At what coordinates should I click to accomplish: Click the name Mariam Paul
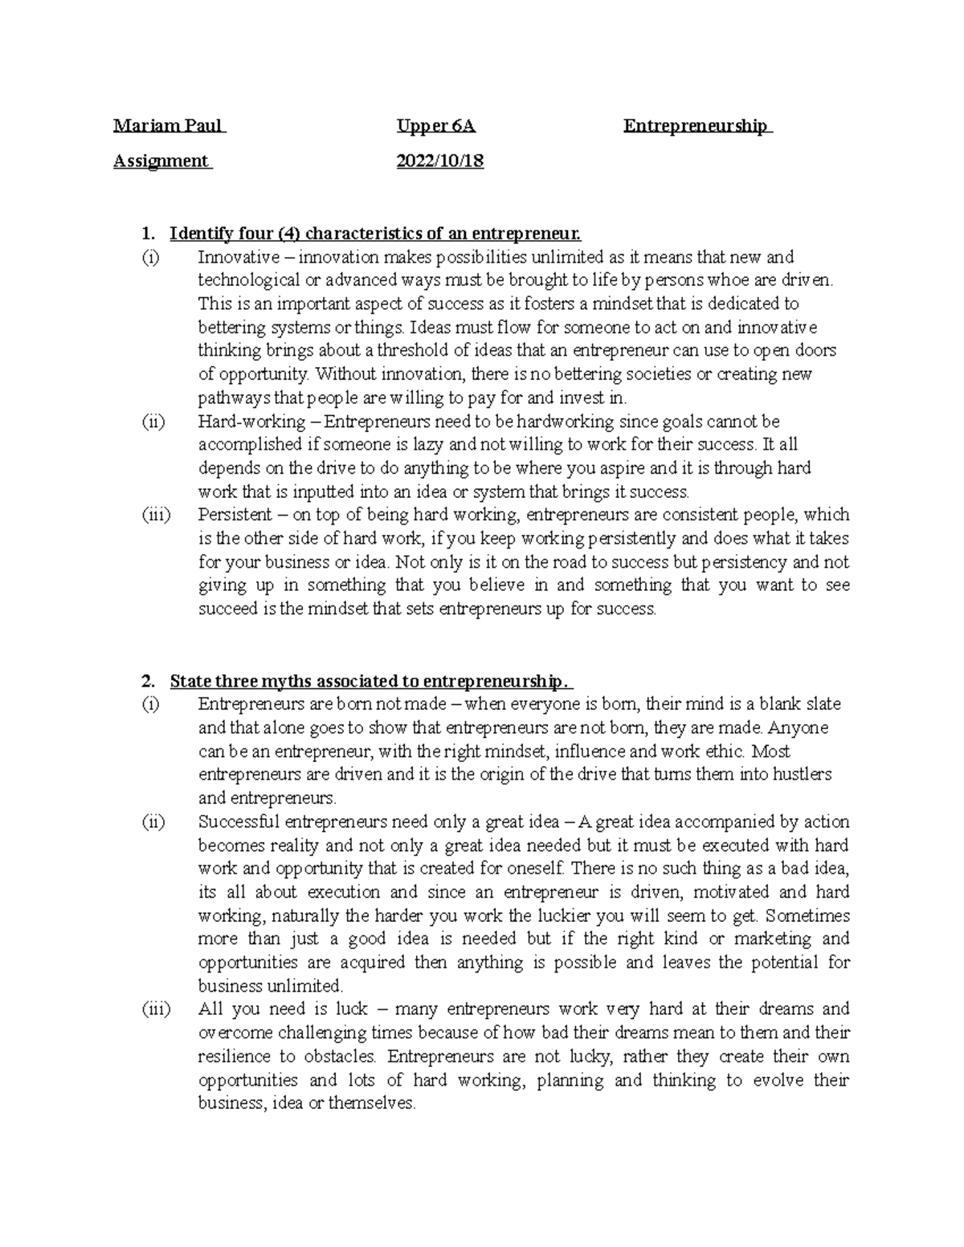coord(169,126)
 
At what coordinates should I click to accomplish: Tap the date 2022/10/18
coord(440,161)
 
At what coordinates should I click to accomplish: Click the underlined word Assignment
coord(161,161)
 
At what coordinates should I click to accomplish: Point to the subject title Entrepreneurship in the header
coord(696,126)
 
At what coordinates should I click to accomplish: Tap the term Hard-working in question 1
coord(251,422)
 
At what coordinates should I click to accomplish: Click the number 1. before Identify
coord(146,234)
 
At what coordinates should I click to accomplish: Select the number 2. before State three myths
coord(146,681)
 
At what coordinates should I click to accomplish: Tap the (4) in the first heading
coord(289,234)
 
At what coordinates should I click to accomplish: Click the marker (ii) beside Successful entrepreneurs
coord(153,822)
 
